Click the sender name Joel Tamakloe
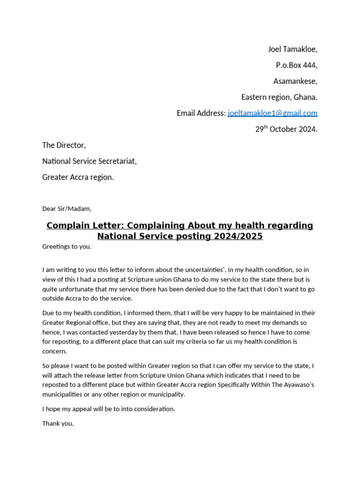coord(292,49)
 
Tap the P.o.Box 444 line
coord(296,65)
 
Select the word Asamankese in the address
coord(295,81)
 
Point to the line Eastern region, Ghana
coord(279,97)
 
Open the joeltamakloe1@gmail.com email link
coord(272,113)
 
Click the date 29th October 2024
coord(286,129)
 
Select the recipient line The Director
coord(64,145)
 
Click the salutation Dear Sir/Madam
coord(67,209)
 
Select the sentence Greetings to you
coord(67,247)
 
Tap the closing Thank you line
coord(58,423)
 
